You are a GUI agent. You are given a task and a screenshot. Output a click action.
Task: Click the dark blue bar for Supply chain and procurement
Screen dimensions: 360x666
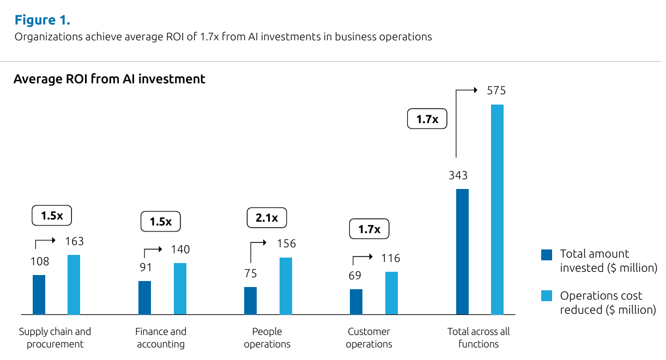tap(39, 295)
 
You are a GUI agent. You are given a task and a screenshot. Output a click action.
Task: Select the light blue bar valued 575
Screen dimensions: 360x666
tap(497, 209)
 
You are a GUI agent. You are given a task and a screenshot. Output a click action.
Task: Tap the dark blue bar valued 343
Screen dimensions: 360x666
tap(462, 252)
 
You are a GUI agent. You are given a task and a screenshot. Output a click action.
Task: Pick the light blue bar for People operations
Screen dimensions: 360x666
tap(286, 286)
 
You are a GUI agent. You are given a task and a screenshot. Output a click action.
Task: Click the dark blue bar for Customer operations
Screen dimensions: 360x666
tap(356, 302)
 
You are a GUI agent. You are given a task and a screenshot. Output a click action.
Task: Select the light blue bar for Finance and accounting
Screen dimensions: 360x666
tap(180, 289)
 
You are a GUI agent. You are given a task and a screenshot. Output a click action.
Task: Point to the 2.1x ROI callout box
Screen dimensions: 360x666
tap(267, 218)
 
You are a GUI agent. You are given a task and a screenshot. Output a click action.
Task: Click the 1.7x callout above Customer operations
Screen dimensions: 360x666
tap(369, 229)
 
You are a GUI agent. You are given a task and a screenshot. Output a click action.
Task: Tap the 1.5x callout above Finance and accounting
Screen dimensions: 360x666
tap(160, 222)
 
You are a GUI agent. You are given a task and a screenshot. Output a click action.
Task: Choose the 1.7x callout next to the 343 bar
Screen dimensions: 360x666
tap(427, 119)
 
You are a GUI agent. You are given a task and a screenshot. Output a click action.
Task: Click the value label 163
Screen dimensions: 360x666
tap(74, 241)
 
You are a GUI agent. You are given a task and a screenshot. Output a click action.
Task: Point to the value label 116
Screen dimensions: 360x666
tap(391, 258)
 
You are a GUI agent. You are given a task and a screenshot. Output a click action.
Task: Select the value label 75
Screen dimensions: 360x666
tap(250, 273)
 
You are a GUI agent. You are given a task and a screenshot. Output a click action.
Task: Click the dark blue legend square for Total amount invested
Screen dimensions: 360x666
tap(547, 254)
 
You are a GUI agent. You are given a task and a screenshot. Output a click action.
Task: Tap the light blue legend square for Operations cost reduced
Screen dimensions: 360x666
tap(547, 296)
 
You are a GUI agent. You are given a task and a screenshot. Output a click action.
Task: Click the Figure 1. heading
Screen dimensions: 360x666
tap(42, 21)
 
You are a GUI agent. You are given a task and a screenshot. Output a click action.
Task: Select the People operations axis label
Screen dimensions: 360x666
tap(267, 338)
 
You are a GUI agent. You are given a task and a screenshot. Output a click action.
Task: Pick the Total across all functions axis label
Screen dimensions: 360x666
tap(479, 338)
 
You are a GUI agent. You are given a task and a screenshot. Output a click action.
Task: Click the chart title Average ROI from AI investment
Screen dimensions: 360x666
tap(109, 79)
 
